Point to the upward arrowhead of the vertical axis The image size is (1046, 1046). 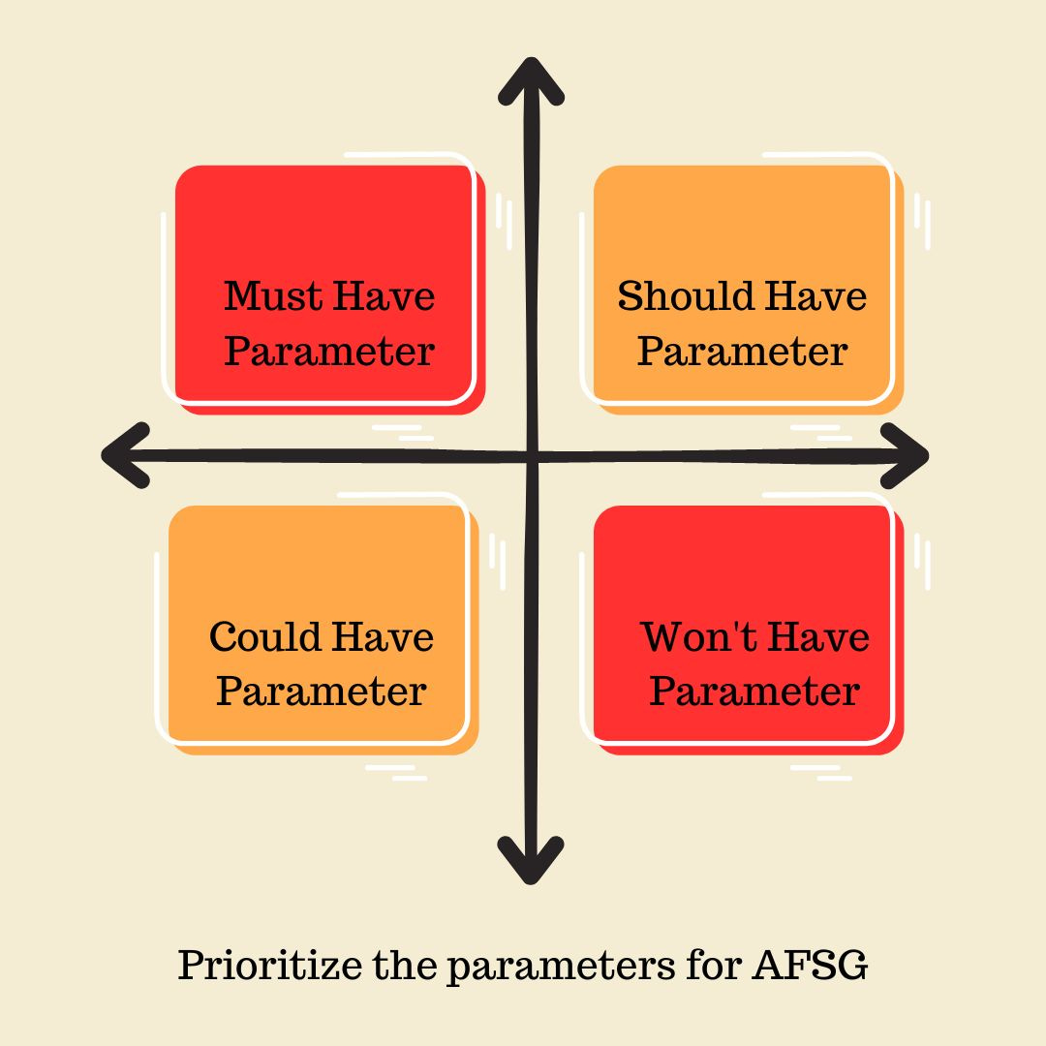(530, 77)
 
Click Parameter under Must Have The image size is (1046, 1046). (329, 351)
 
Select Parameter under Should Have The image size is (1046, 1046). (742, 351)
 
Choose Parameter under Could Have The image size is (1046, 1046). (321, 692)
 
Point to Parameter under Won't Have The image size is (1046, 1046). (754, 692)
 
